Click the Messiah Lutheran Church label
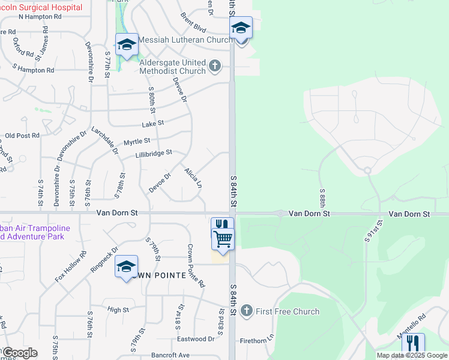click(x=184, y=40)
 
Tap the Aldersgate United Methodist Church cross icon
click(x=215, y=66)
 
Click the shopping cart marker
click(x=223, y=239)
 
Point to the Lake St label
click(x=153, y=124)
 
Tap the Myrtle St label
click(x=136, y=142)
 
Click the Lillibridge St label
click(x=154, y=153)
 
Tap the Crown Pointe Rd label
click(x=196, y=265)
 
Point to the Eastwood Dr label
click(x=196, y=339)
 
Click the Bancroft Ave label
click(x=170, y=355)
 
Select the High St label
click(x=118, y=310)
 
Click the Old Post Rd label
click(x=22, y=136)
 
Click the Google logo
click(x=20, y=353)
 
